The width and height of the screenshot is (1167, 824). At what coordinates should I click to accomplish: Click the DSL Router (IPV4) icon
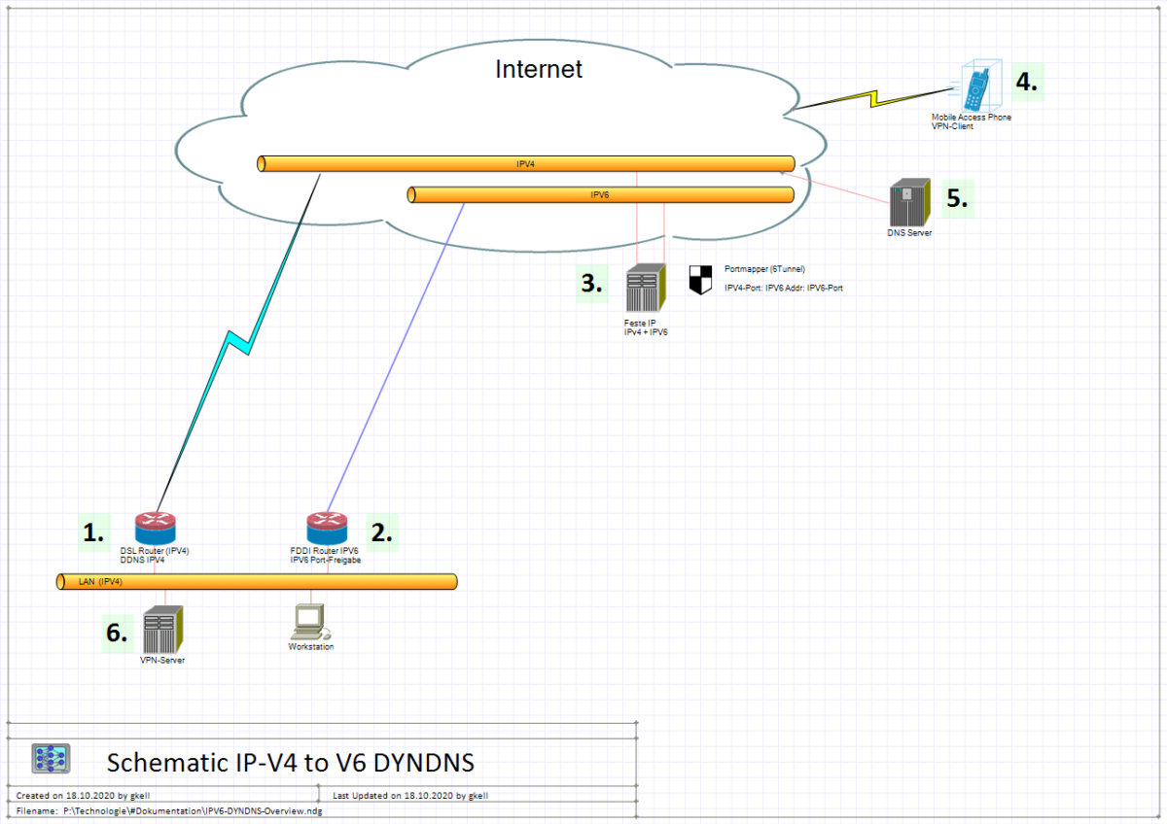click(x=156, y=529)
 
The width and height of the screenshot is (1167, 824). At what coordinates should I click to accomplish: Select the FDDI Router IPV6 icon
click(x=326, y=529)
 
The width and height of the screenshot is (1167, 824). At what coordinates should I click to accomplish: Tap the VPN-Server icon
click(x=162, y=631)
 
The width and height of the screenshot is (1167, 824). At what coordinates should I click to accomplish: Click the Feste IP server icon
click(x=644, y=290)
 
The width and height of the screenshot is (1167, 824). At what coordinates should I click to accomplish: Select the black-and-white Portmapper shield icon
click(x=700, y=279)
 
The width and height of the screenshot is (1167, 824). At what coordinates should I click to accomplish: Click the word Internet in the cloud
click(x=539, y=69)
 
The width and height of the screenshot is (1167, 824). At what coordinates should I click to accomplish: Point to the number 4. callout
click(x=1027, y=83)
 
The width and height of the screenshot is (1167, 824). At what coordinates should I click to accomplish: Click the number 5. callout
click(x=957, y=198)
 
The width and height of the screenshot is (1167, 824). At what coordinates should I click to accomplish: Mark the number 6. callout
click(x=117, y=633)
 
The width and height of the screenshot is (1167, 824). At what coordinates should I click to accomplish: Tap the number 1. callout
click(x=93, y=532)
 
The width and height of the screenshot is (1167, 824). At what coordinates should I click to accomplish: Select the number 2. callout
click(x=381, y=532)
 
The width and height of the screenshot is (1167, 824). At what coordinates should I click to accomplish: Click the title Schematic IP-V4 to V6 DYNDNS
click(x=290, y=761)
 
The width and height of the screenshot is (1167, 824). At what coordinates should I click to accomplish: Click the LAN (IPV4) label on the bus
click(x=100, y=582)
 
